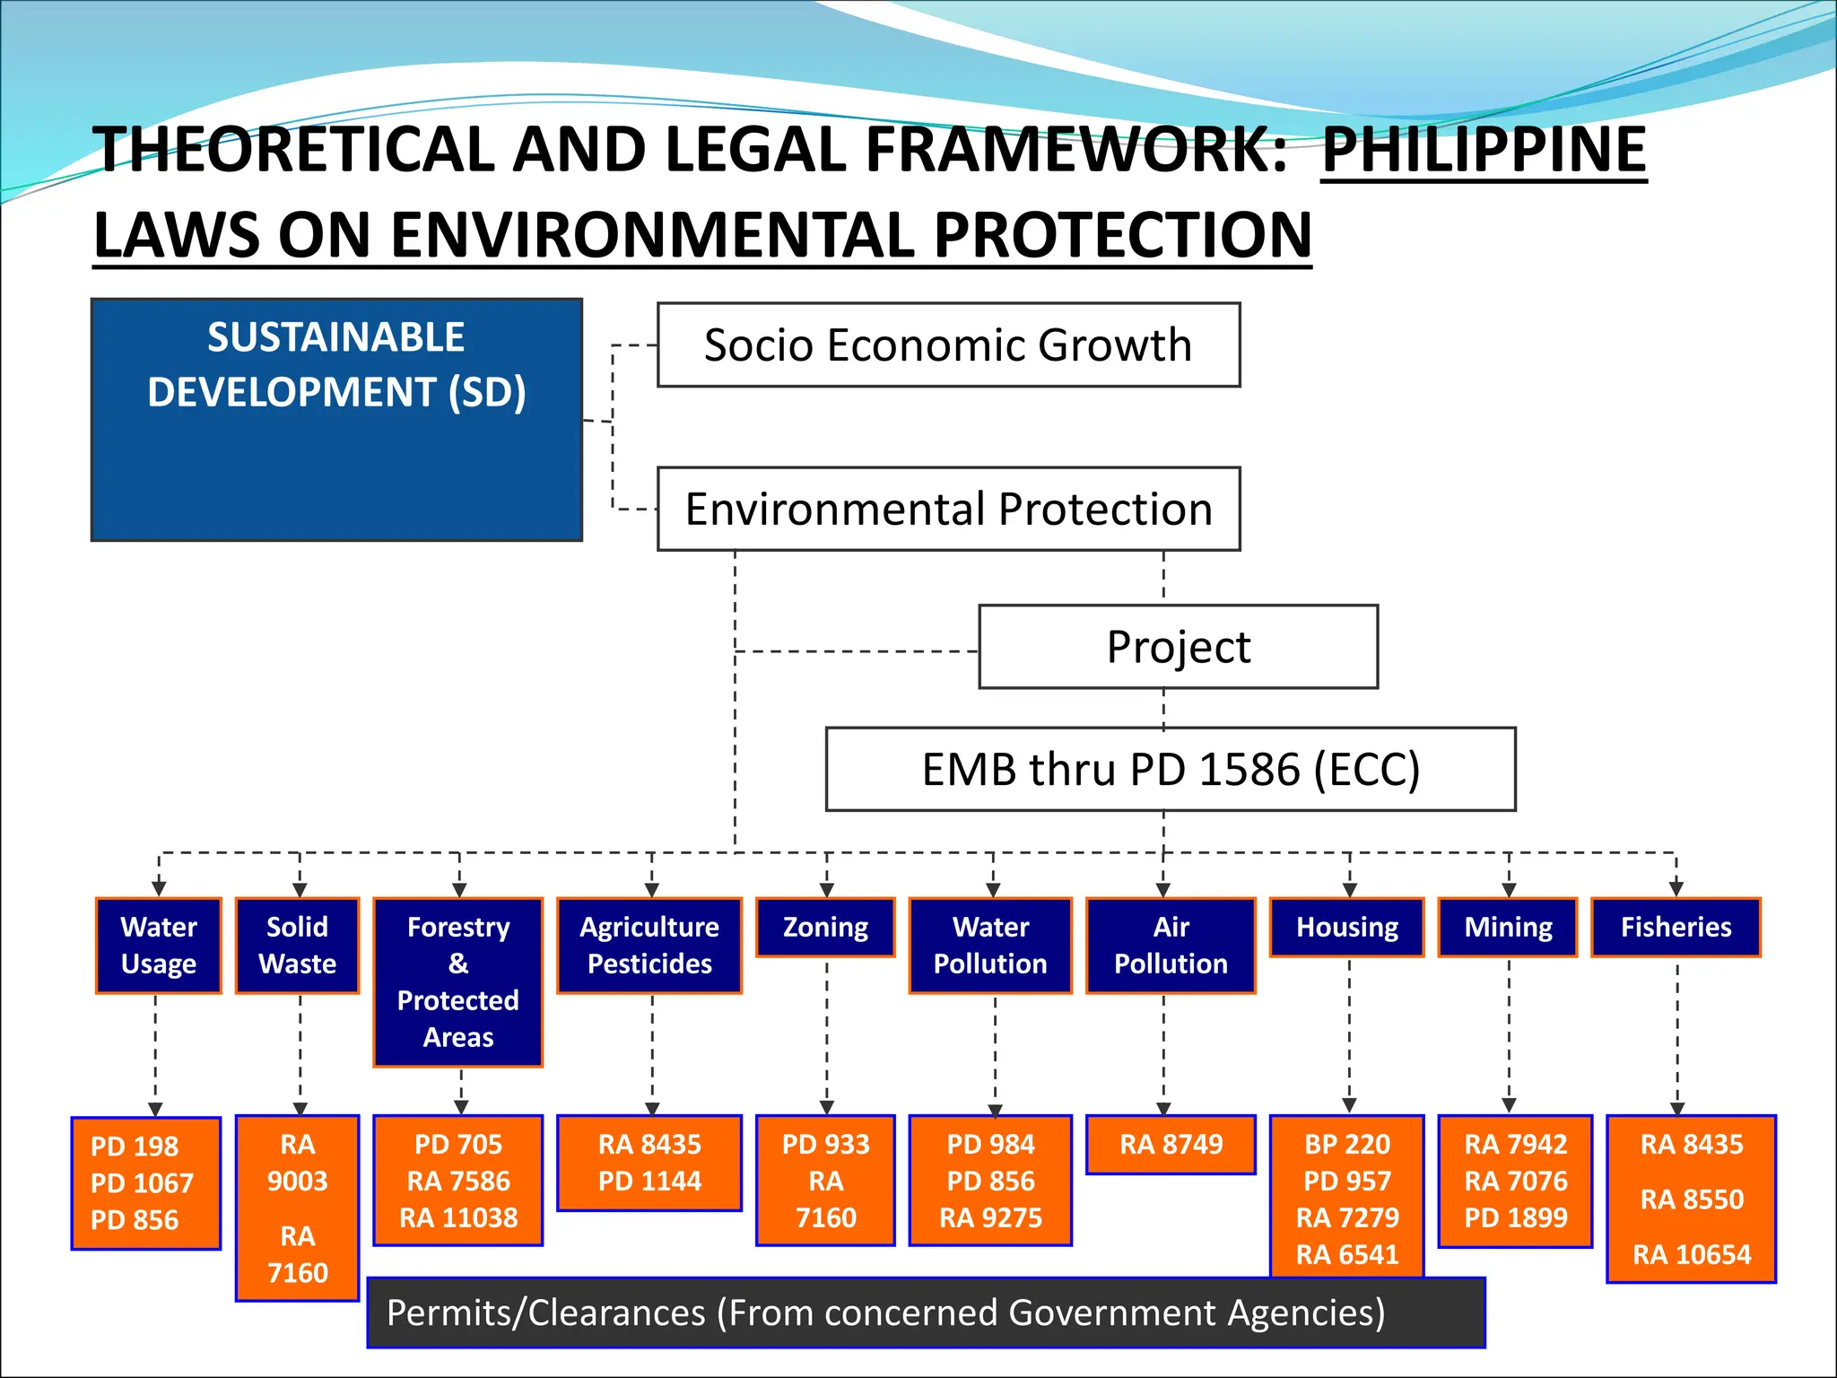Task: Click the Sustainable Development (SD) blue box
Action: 336,419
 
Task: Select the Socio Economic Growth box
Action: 948,344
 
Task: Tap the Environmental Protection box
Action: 948,509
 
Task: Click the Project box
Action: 1178,647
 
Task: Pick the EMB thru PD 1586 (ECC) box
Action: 1171,769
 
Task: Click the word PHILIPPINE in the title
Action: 1484,149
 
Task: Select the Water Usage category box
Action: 159,946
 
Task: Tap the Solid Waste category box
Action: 297,946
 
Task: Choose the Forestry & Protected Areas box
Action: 458,981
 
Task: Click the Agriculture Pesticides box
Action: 649,946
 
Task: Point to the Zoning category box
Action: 825,928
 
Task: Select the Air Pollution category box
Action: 1171,946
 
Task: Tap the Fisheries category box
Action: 1676,928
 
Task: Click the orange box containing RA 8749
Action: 1171,1145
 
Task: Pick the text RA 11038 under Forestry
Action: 458,1218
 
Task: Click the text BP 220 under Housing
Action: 1347,1145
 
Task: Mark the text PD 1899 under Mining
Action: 1516,1218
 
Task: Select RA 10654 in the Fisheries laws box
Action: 1692,1254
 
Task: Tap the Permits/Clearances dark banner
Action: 926,1313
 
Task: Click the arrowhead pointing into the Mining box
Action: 1509,890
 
